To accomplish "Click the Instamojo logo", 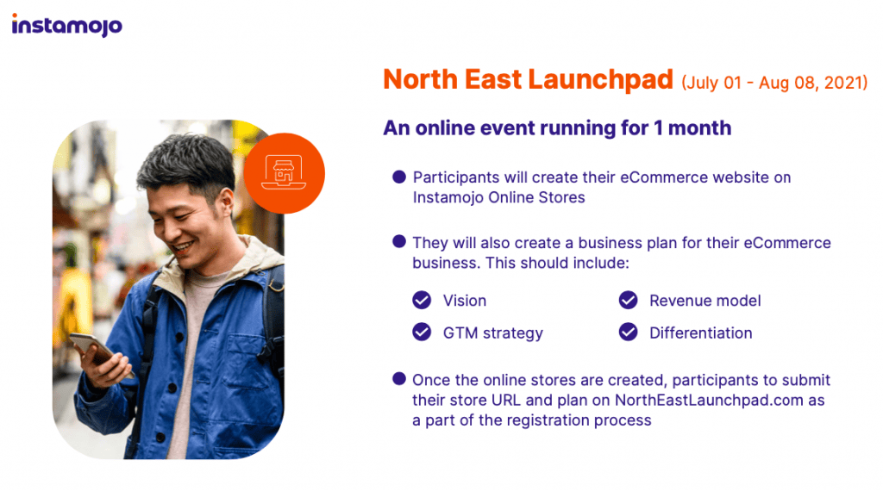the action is tap(67, 25).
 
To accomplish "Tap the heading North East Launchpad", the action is tap(528, 79).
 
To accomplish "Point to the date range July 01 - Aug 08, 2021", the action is tap(774, 83).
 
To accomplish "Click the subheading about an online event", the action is tap(557, 127).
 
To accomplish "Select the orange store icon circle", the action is tap(284, 173).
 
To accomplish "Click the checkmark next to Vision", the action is tap(421, 301).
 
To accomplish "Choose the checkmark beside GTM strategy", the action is tap(421, 333).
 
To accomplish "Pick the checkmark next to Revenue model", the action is tap(628, 301).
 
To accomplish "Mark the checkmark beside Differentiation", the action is tap(628, 333).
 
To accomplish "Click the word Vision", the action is tap(465, 301).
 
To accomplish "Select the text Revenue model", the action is tap(705, 301).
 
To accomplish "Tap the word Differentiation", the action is tap(700, 333).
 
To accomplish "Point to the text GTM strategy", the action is tap(492, 333).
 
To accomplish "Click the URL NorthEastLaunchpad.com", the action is tap(709, 401).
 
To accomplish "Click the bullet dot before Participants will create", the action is tap(399, 177).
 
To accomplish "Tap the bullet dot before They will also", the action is tap(399, 242).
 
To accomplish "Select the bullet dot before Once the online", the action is tap(399, 378).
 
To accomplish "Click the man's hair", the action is tap(185, 160).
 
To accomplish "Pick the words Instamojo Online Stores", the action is tap(499, 198).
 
